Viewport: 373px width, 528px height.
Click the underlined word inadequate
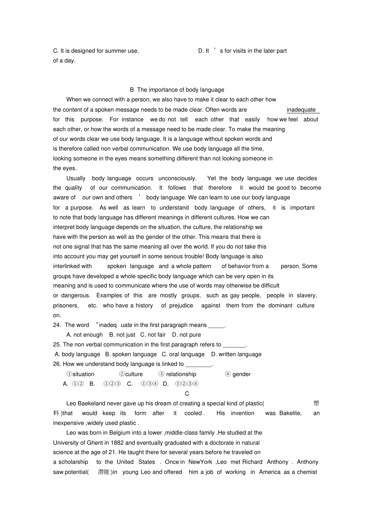click(x=301, y=110)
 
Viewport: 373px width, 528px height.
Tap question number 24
click(x=57, y=325)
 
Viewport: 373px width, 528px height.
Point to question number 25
click(x=57, y=345)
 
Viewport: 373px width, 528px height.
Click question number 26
click(x=57, y=364)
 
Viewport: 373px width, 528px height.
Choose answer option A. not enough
click(x=84, y=335)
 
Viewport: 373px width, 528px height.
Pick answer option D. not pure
click(x=186, y=335)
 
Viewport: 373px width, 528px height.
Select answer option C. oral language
click(x=183, y=354)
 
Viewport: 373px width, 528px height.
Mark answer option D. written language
click(x=236, y=354)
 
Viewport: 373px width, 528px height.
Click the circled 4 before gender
click(x=228, y=374)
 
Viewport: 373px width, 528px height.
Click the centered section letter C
click(x=187, y=394)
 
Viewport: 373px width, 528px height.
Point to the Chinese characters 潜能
click(x=104, y=472)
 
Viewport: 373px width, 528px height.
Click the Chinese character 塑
click(x=316, y=404)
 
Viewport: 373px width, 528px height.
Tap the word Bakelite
click(x=290, y=413)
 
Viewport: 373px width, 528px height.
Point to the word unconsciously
click(x=177, y=178)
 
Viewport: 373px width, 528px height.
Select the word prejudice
click(x=181, y=305)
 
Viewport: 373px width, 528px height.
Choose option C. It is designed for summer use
click(x=96, y=51)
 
